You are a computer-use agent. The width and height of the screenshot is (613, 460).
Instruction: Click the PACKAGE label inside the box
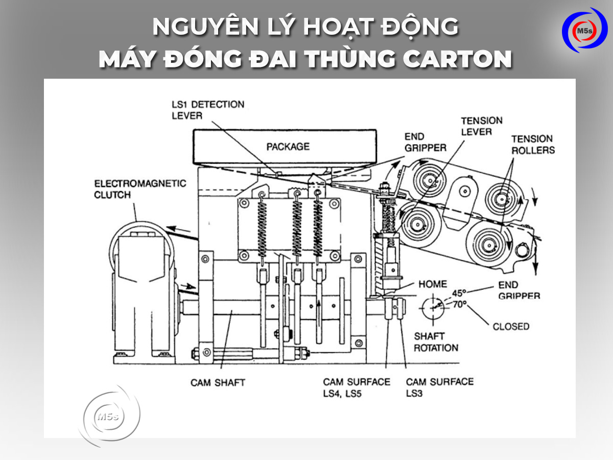pos(288,147)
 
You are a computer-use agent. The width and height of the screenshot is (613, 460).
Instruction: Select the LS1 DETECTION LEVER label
pos(207,109)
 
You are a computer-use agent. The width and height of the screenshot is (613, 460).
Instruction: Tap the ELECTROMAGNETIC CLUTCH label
pos(140,189)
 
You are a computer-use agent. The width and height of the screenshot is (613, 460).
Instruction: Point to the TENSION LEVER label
pos(482,126)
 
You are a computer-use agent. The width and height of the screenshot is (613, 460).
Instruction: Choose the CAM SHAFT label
pos(218,382)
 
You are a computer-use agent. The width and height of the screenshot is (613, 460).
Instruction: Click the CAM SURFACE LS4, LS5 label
pos(356,387)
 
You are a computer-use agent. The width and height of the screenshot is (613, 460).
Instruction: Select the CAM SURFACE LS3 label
pos(439,387)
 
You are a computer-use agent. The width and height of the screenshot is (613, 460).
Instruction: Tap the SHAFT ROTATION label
pos(435,342)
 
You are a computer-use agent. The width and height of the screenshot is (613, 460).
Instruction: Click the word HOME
pos(432,284)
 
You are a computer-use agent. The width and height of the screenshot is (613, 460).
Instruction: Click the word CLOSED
pos(511,326)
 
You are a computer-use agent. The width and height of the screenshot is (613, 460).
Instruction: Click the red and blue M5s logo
pos(584,30)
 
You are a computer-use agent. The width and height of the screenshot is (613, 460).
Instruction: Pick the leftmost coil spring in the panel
pos(262,225)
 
